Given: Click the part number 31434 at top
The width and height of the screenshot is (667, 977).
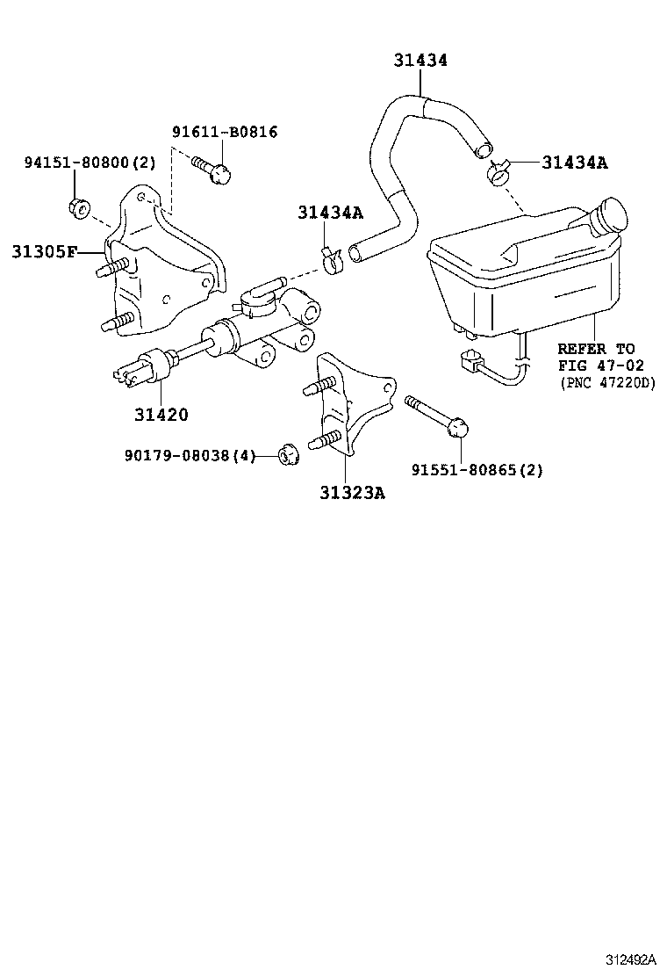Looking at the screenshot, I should coord(420,61).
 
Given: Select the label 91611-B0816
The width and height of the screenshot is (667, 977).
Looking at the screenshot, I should coord(224,133).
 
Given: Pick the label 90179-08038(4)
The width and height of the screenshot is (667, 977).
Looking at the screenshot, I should coord(190,456).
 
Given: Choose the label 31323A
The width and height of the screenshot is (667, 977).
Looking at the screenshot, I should coord(352,492).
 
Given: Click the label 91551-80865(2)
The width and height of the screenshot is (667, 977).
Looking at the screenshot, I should coord(477,470).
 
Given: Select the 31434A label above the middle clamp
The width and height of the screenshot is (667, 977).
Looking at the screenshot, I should coord(330,212).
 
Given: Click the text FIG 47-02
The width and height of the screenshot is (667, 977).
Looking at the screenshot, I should coord(600,365).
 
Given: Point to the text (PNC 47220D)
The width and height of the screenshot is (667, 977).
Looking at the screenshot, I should coord(607,382).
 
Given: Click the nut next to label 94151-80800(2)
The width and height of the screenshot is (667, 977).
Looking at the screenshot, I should coord(76,208).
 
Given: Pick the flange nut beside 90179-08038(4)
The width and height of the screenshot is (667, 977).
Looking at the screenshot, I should coord(287,454).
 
